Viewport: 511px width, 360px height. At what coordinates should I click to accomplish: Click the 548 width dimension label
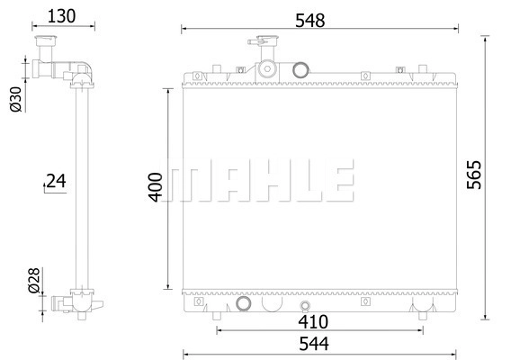click(x=309, y=21)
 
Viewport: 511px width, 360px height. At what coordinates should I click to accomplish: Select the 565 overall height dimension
click(x=474, y=175)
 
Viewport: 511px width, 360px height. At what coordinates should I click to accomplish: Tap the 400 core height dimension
click(x=156, y=187)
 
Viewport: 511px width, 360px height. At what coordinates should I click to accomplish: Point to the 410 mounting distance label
click(x=313, y=322)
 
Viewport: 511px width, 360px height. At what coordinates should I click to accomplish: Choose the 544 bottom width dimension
click(x=314, y=344)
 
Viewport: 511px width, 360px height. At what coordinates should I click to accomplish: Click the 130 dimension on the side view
click(x=61, y=16)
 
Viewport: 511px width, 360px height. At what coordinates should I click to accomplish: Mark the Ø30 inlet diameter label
click(x=15, y=99)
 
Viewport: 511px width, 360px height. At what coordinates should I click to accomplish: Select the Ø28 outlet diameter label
click(x=34, y=281)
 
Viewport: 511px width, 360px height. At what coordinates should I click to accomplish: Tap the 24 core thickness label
click(x=56, y=181)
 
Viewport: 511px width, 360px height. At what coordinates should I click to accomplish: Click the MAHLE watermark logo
click(x=257, y=180)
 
